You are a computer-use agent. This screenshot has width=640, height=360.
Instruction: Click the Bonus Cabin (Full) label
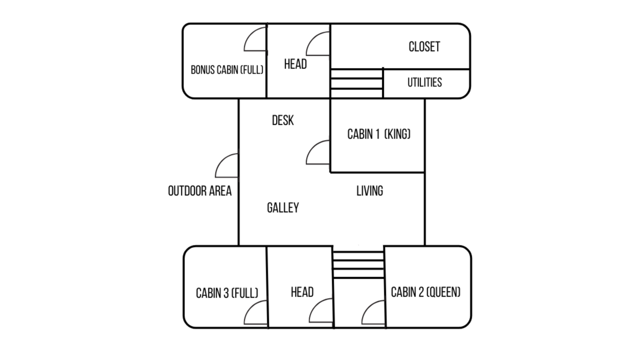tap(227, 70)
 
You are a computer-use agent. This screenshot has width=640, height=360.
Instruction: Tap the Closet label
tap(424, 47)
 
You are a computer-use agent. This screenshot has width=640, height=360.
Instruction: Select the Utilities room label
tap(424, 82)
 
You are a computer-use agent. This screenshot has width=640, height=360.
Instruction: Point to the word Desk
tap(283, 121)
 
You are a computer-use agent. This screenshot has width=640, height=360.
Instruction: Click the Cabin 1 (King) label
tap(379, 134)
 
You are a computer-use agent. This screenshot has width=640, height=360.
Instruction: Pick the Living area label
tap(370, 191)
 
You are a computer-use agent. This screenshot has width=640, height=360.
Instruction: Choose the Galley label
tap(283, 208)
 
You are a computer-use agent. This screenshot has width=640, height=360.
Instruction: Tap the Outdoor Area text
tap(200, 191)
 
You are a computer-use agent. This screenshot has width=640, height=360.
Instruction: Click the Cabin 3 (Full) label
tap(227, 293)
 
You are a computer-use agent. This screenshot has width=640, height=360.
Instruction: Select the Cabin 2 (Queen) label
tap(426, 292)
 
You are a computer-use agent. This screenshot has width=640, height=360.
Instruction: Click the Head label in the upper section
tap(295, 64)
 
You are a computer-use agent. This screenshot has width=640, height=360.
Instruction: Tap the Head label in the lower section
tap(302, 292)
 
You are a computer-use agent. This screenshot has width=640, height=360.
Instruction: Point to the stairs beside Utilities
tap(357, 83)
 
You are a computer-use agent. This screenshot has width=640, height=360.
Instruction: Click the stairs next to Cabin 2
tap(358, 264)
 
